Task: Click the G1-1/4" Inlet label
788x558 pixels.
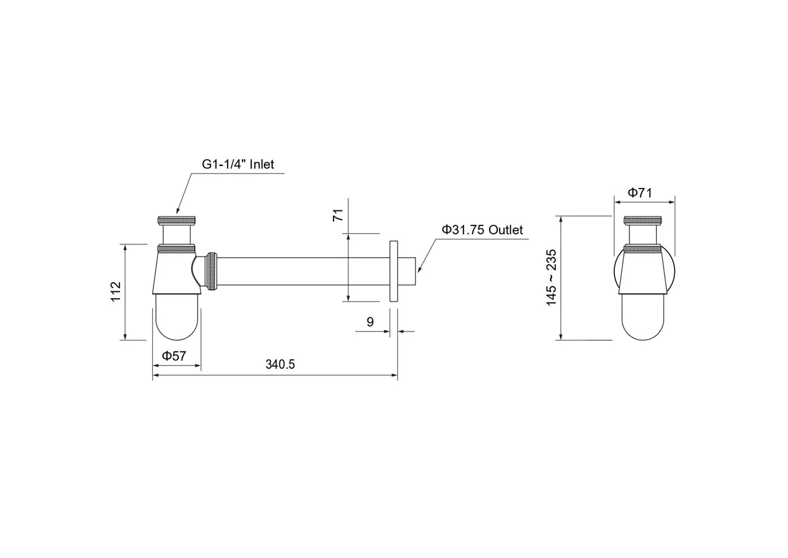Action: click(238, 165)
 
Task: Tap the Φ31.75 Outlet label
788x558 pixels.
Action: click(482, 230)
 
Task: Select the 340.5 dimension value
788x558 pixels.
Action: click(280, 365)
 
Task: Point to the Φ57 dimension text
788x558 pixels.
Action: click(174, 356)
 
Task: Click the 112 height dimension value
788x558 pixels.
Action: click(116, 291)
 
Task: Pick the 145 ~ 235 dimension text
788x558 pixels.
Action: click(551, 277)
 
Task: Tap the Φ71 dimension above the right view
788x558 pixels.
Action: click(640, 193)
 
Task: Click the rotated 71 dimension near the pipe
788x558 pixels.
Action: click(338, 215)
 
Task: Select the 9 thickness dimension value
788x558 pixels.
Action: click(370, 322)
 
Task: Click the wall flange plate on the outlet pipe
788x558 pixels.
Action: click(394, 271)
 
